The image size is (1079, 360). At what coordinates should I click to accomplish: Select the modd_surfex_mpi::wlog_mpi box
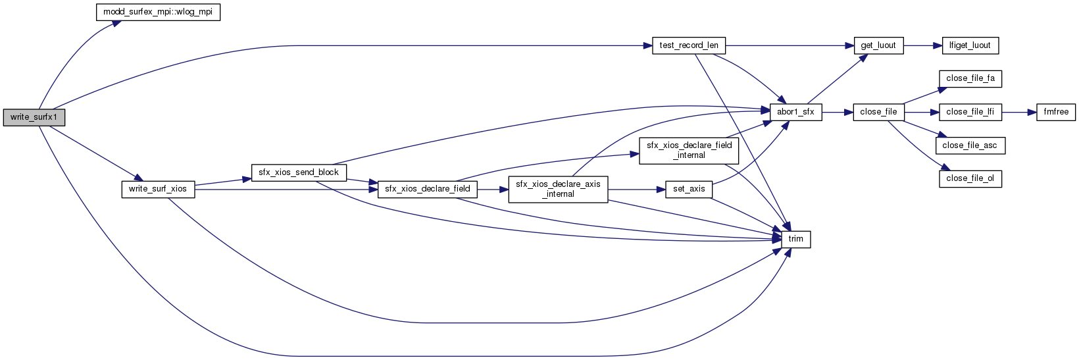pos(158,13)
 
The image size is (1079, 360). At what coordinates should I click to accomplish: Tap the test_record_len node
pos(689,46)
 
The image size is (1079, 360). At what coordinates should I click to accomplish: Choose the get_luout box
pos(878,46)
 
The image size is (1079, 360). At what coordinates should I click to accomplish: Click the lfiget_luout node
pos(970,46)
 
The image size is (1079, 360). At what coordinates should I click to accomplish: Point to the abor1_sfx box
pos(795,112)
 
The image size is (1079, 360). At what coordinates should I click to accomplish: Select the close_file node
pos(878,112)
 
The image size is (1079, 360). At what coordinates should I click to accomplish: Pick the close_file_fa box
pos(970,78)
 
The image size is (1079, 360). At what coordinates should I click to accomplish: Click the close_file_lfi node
pos(970,112)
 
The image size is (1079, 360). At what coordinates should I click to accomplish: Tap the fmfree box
pos(1056,112)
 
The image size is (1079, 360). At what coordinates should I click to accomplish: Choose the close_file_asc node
pos(970,145)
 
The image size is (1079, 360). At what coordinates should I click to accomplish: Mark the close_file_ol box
pos(970,178)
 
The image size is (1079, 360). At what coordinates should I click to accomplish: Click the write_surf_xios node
pos(158,189)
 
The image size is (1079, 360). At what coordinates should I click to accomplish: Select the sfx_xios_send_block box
pos(299,172)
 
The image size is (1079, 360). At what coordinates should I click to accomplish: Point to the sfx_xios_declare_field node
pos(428,189)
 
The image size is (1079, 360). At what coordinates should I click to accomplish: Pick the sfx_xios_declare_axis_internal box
pos(558,189)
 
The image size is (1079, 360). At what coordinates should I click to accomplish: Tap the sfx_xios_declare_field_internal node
pos(689,150)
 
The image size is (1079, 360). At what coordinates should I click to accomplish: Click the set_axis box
pos(689,189)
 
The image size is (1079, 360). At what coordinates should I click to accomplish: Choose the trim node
pos(795,239)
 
